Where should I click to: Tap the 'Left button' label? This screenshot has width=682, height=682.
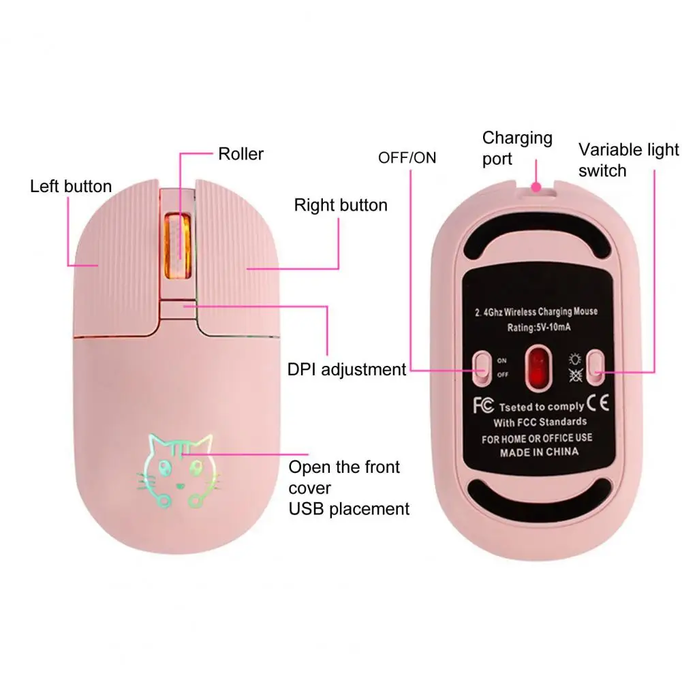pyautogui.click(x=71, y=186)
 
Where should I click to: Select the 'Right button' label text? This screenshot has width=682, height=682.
pyautogui.click(x=341, y=205)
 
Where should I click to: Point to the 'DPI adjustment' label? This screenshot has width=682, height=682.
pyautogui.click(x=347, y=369)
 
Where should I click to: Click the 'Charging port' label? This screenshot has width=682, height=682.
pyautogui.click(x=517, y=148)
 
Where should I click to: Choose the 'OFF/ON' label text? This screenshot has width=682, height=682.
pyautogui.click(x=407, y=158)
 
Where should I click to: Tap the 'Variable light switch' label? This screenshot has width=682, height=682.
pyautogui.click(x=628, y=159)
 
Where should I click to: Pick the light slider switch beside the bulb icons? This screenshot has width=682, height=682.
pyautogui.click(x=596, y=366)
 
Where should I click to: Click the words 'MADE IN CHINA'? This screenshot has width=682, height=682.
pyautogui.click(x=539, y=452)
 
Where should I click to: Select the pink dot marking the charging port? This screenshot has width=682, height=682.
pyautogui.click(x=536, y=185)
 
